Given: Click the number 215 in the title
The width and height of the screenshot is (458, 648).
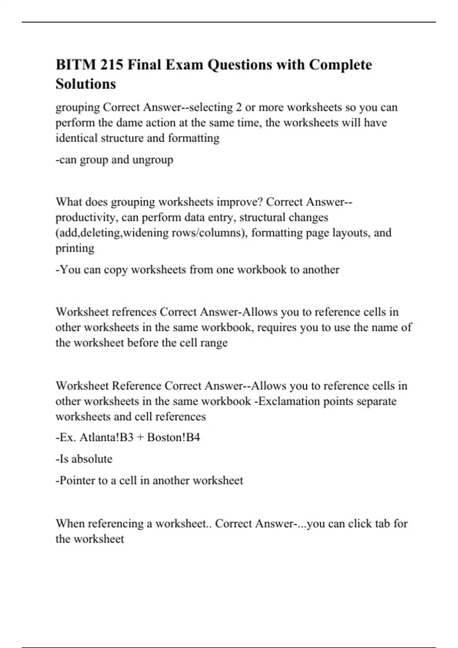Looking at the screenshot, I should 112,65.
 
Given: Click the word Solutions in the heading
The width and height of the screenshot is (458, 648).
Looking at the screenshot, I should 86,84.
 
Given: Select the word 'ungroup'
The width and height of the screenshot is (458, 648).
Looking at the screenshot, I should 153,160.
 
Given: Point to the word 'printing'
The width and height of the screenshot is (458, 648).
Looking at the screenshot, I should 75,248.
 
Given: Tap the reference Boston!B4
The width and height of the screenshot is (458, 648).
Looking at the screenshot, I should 174,437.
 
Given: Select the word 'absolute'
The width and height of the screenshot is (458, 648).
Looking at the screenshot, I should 92,459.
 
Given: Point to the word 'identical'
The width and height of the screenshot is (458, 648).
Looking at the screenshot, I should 77,138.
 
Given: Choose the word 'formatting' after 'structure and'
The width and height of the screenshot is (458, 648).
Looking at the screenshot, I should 194,138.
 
